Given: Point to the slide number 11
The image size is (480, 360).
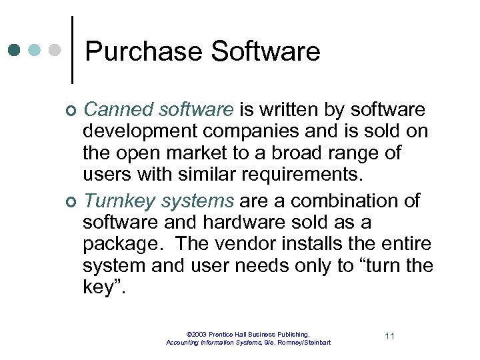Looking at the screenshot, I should (389, 336).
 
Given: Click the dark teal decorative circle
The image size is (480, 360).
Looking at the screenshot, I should (16, 50).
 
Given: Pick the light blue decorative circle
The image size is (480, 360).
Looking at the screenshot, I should (36, 50).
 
